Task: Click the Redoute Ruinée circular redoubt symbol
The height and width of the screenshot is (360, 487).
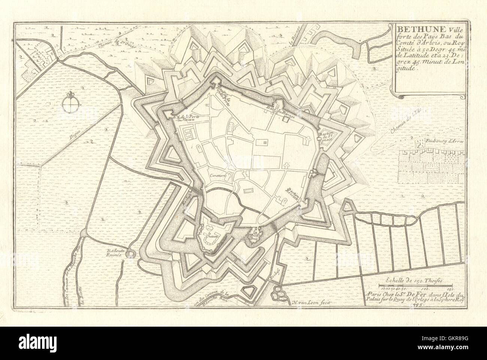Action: (x=130, y=255)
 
